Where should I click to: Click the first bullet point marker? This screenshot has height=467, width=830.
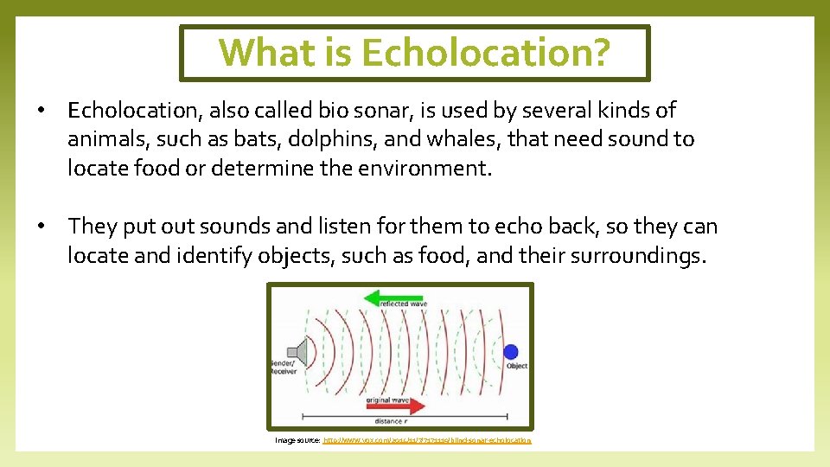(x=41, y=112)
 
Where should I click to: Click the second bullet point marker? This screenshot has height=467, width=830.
(x=41, y=227)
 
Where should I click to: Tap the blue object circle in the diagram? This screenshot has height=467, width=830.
(x=510, y=351)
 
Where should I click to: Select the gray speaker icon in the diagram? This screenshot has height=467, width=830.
(x=297, y=352)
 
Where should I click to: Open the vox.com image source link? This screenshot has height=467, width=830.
(x=426, y=440)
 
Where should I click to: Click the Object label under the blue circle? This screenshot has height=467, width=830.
(x=516, y=367)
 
